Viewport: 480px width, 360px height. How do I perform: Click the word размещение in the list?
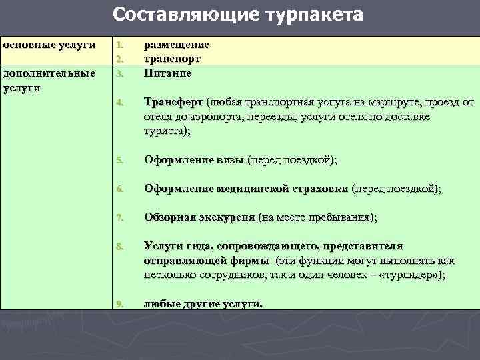(177, 45)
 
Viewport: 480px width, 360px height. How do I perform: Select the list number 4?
(119, 103)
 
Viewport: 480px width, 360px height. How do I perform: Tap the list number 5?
(119, 160)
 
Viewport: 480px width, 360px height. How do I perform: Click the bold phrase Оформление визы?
(194, 160)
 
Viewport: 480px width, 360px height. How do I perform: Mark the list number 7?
(119, 217)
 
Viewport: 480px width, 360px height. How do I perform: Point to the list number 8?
(119, 246)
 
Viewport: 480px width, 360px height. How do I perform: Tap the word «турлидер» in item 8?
(408, 275)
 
